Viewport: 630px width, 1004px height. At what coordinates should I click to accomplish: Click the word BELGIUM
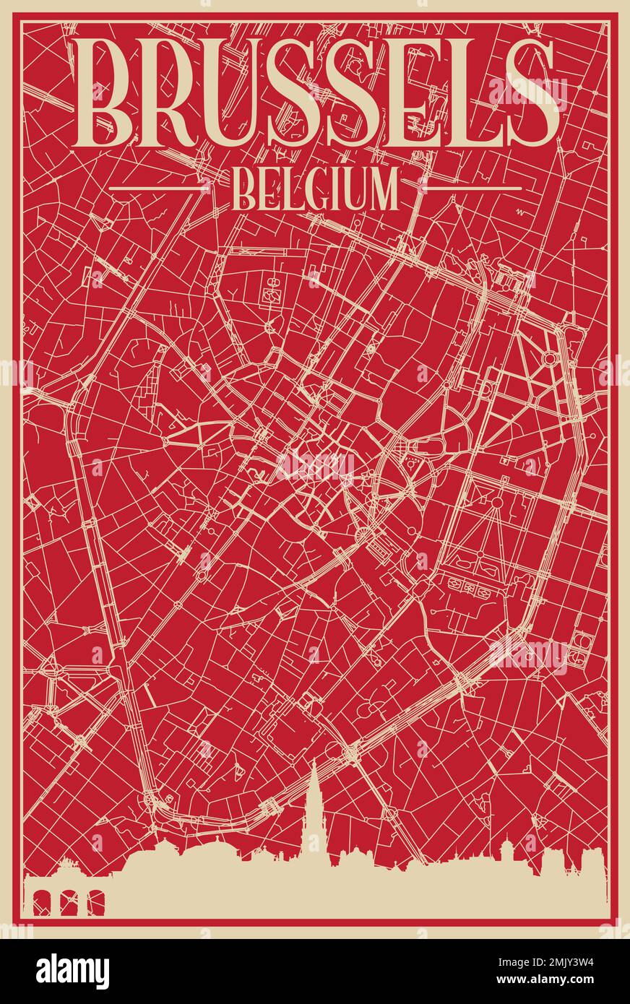pos(315,189)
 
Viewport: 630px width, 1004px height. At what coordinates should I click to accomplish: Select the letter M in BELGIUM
pos(382,189)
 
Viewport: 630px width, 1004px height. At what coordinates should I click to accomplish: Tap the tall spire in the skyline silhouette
pos(314,802)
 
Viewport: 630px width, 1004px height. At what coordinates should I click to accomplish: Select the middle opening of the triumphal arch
pos(69,903)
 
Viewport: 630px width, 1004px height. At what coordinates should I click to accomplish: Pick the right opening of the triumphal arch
pos(95,903)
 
